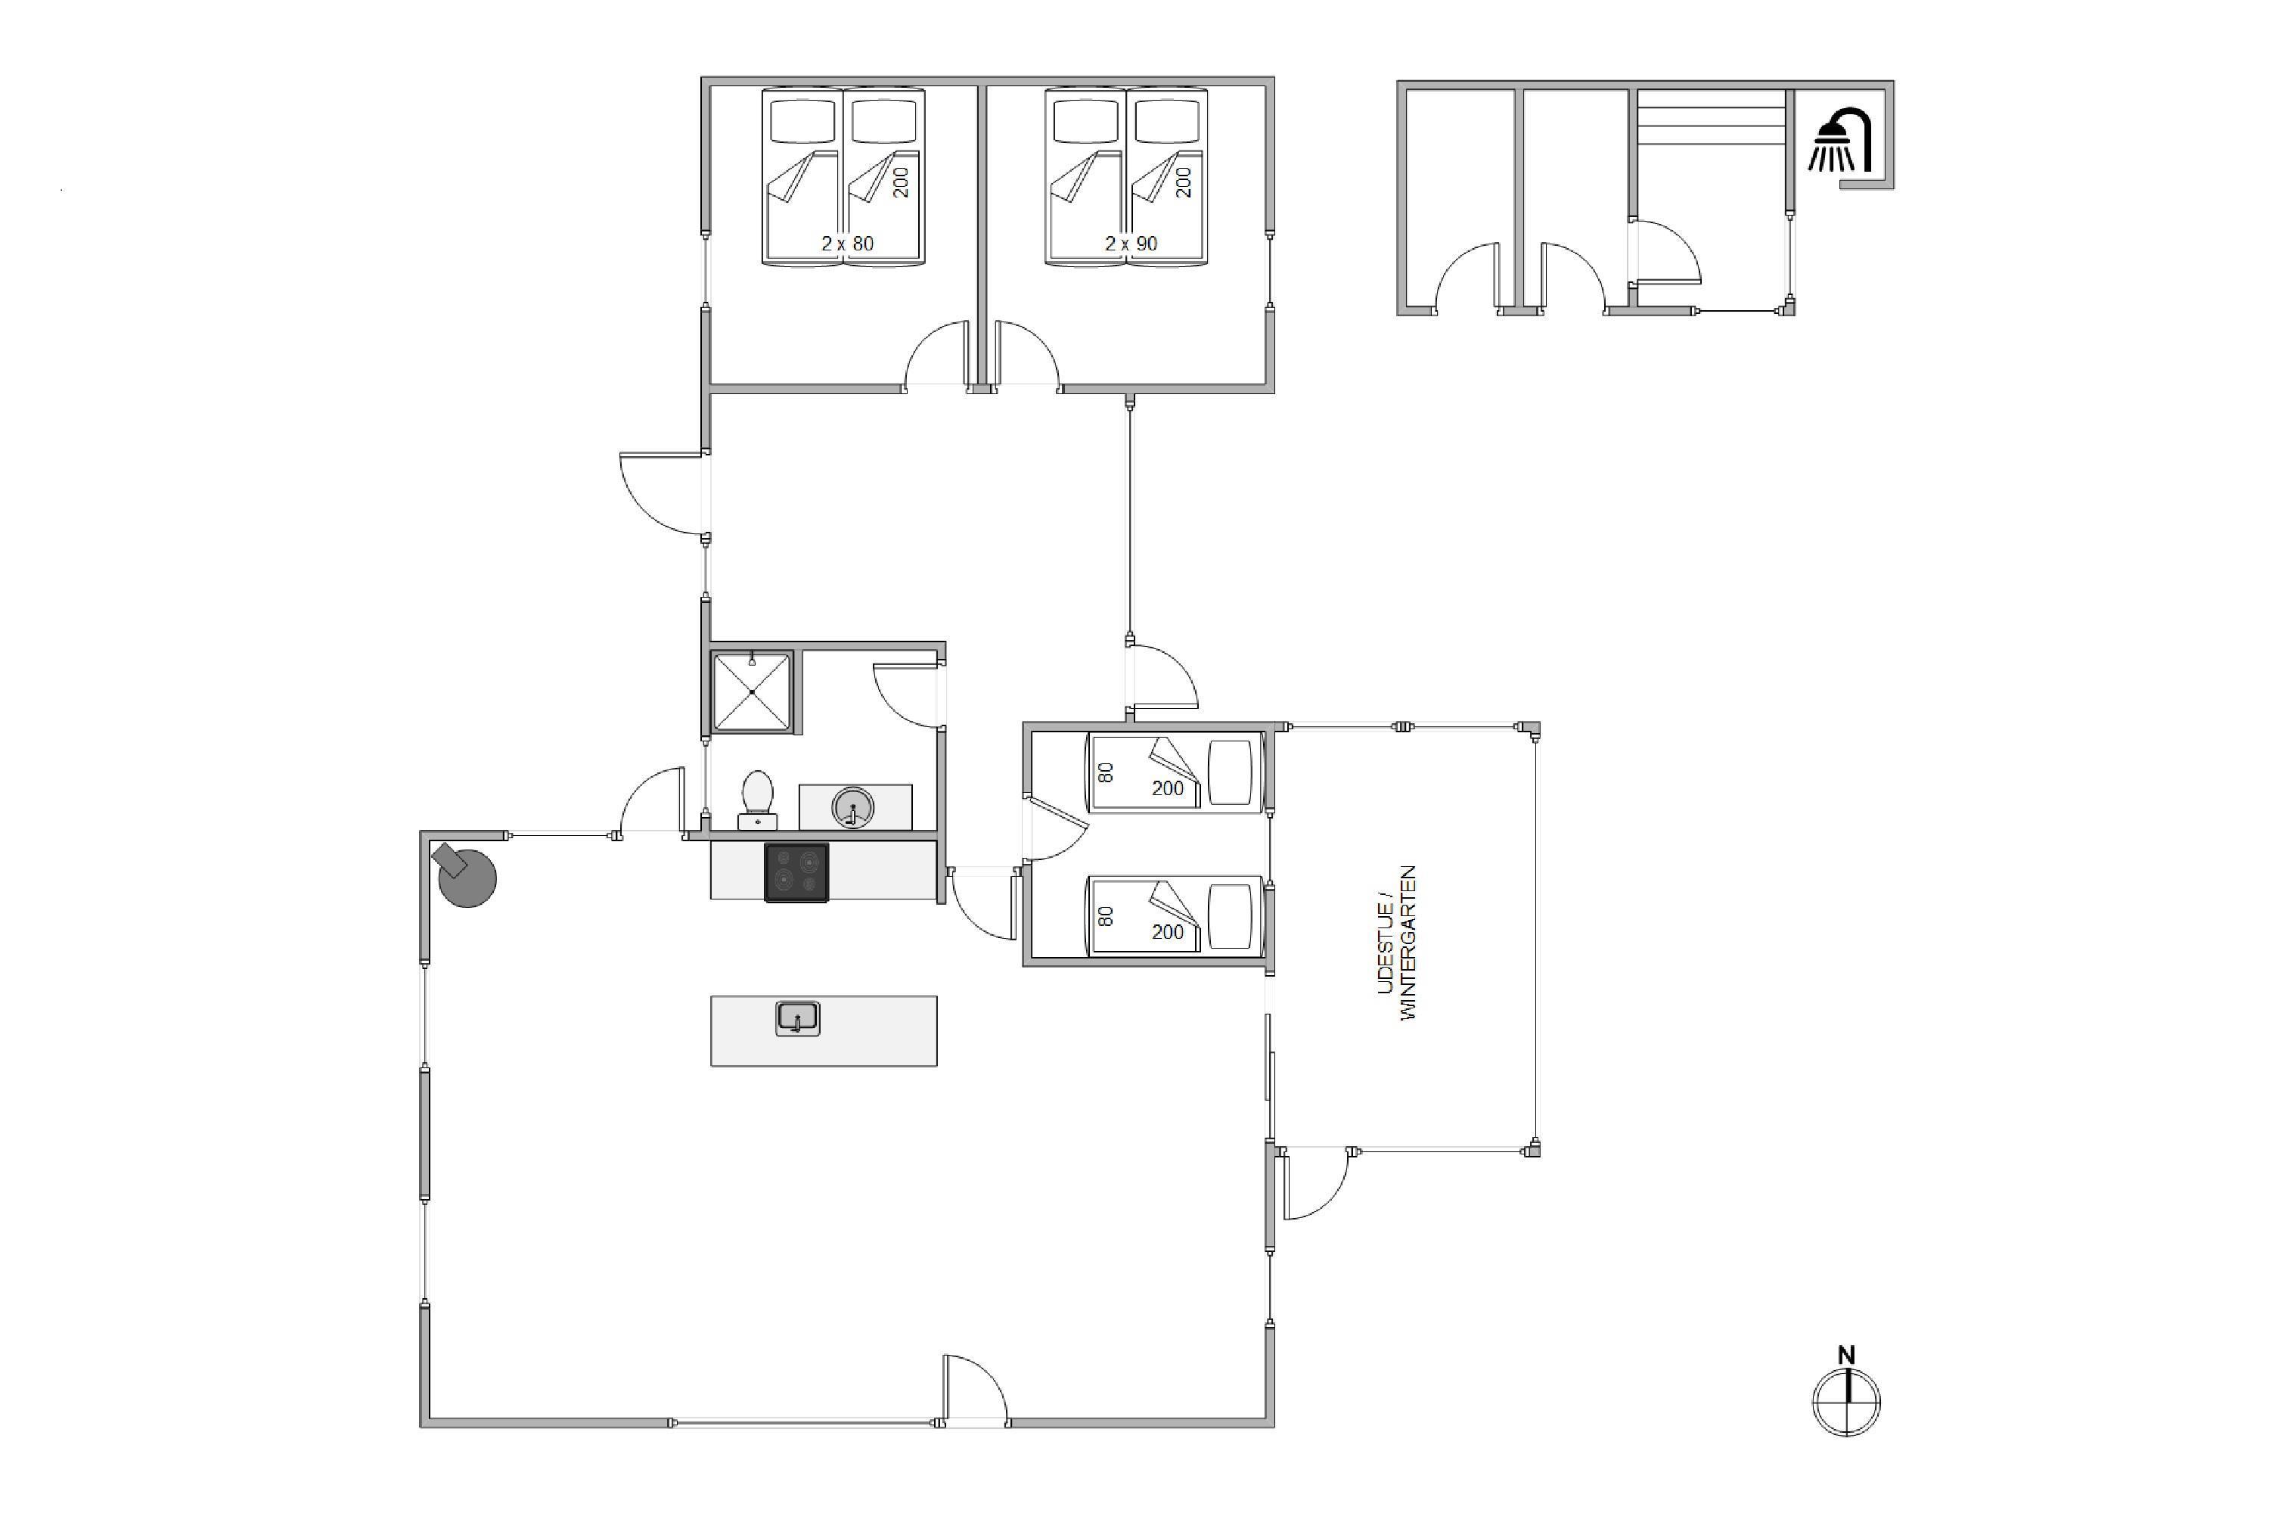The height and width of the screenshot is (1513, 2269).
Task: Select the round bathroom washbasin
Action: [853, 808]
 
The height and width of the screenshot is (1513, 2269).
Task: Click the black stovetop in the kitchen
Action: [796, 873]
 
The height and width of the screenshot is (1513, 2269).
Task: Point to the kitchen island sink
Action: [798, 1019]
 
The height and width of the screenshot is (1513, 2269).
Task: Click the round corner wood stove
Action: [465, 875]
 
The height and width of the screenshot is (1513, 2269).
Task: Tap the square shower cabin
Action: [752, 692]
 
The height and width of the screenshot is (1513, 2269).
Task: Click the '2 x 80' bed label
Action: [847, 244]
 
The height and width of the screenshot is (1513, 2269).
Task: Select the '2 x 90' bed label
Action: [1131, 244]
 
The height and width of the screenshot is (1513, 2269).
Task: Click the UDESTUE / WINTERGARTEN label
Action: [1397, 943]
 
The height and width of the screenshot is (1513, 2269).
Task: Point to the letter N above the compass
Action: [1846, 1355]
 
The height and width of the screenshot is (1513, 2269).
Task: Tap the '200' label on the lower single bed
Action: [1167, 932]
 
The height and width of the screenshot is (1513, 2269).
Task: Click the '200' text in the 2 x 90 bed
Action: [1184, 182]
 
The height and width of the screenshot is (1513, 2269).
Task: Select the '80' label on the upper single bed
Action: [1107, 772]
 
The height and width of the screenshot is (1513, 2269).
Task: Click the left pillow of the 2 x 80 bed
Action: [802, 123]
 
